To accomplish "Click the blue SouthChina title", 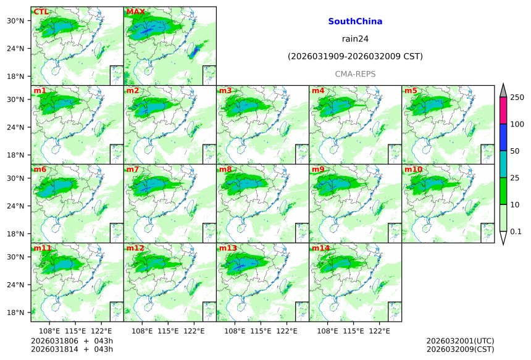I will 355,22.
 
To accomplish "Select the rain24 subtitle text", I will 355,39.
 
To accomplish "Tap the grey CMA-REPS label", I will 355,74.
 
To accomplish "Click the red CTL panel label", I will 41,12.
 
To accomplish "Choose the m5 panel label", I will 411,91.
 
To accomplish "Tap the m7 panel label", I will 133,169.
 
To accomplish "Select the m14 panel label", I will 320,248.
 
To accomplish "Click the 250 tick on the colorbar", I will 517,98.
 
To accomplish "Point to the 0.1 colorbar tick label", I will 517,232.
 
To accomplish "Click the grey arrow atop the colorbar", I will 503,91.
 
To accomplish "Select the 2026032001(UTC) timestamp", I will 460,341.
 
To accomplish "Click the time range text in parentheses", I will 355,57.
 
